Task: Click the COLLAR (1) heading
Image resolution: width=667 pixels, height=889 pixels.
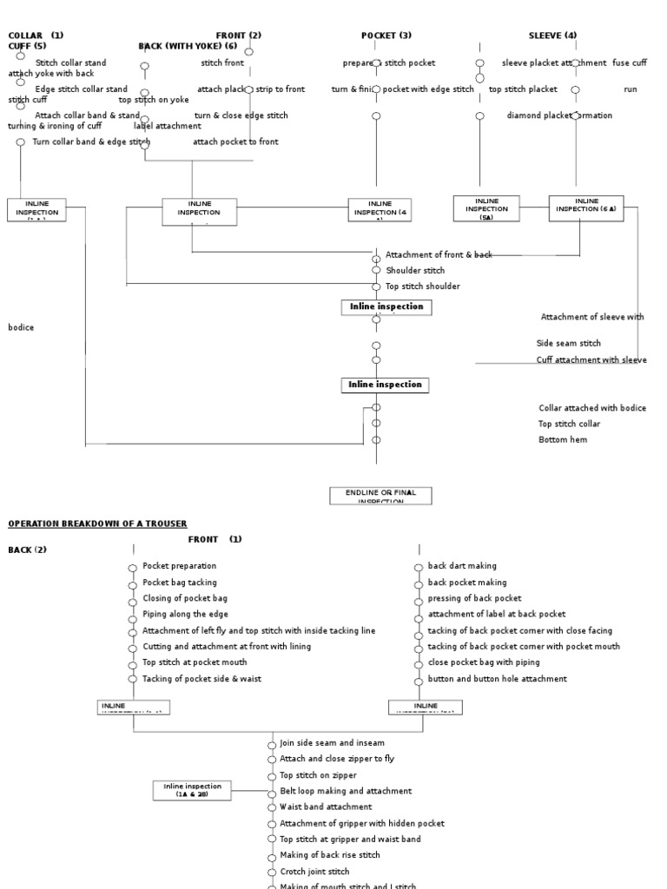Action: pos(36,36)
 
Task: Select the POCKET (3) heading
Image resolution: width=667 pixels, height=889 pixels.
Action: pos(386,36)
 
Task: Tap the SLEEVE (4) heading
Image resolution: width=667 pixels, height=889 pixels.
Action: pos(552,36)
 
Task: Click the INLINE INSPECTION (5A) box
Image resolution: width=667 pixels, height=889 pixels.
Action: pos(486,208)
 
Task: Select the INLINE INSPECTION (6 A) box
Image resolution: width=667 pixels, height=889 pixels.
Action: pos(586,208)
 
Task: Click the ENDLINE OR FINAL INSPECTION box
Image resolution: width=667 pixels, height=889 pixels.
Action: pos(380,496)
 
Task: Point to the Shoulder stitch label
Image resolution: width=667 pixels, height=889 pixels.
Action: pos(415,271)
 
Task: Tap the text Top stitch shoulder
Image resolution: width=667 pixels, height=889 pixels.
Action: pos(423,286)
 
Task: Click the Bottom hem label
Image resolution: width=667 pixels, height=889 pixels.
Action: pos(563,440)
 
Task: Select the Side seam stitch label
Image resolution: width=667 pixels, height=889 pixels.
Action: pos(568,344)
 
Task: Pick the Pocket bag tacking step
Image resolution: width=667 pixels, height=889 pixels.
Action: pos(180,583)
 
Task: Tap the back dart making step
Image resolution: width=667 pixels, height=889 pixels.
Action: pos(462,566)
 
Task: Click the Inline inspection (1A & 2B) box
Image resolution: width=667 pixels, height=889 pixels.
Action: pos(192,790)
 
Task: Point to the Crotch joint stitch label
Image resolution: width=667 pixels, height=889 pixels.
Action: pos(314,872)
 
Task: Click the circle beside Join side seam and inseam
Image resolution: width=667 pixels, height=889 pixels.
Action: pos(273,745)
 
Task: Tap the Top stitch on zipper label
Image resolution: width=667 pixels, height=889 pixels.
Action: pos(318,775)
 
